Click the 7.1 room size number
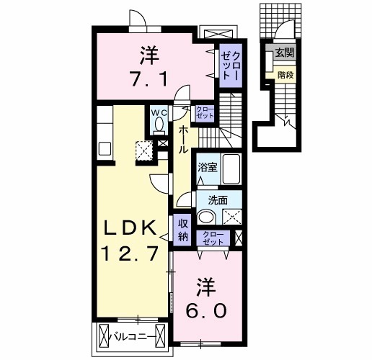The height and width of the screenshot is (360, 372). pyautogui.click(x=150, y=76)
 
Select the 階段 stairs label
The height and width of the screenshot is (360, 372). pyautogui.click(x=283, y=73)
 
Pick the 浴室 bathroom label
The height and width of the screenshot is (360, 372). pyautogui.click(x=208, y=168)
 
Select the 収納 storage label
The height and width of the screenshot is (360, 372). pyautogui.click(x=183, y=230)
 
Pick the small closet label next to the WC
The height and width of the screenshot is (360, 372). pyautogui.click(x=205, y=112)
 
